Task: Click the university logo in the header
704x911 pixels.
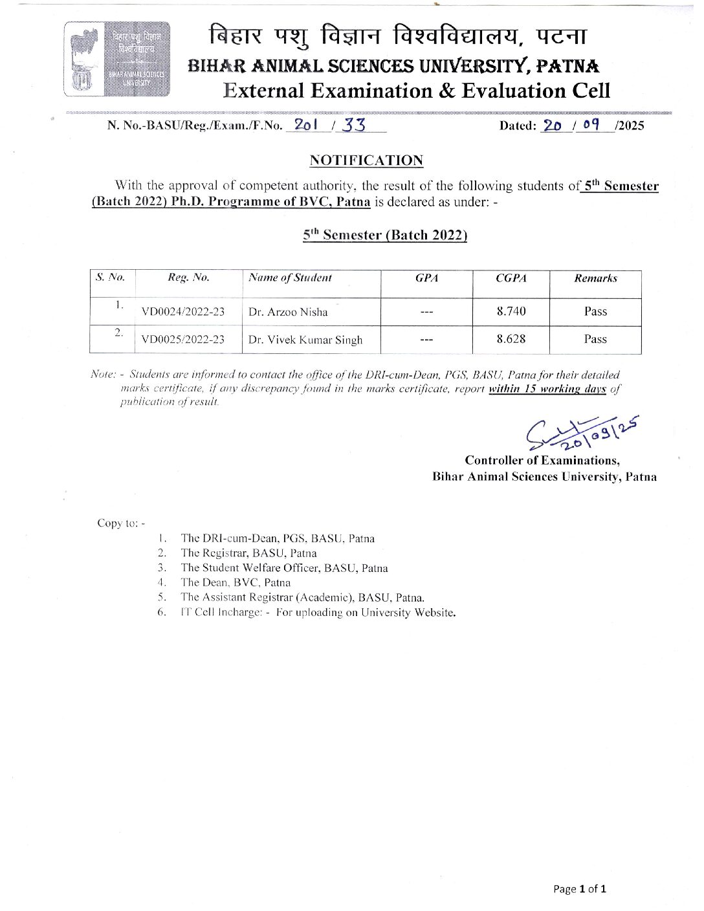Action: click(117, 59)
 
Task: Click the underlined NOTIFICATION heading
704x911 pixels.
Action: click(366, 160)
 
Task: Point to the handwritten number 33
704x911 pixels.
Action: click(354, 126)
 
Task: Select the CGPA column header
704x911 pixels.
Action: click(511, 278)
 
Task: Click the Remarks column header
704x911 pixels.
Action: click(595, 278)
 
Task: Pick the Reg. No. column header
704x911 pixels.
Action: click(188, 278)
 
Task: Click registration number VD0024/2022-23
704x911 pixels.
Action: click(183, 312)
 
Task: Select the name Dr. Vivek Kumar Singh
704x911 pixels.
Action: click(305, 340)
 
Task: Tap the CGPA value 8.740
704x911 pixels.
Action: click(511, 311)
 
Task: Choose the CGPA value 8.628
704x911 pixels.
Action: click(511, 339)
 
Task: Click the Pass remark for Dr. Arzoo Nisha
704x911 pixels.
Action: click(595, 311)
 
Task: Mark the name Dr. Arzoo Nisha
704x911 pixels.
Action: click(288, 312)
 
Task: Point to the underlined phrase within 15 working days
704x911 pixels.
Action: click(547, 389)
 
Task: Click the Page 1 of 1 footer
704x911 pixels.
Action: click(580, 889)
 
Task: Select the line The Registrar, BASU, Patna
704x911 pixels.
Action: click(248, 553)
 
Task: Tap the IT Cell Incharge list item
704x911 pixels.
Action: click(318, 612)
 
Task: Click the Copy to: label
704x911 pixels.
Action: click(121, 523)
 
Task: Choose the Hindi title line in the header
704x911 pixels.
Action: click(397, 36)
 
